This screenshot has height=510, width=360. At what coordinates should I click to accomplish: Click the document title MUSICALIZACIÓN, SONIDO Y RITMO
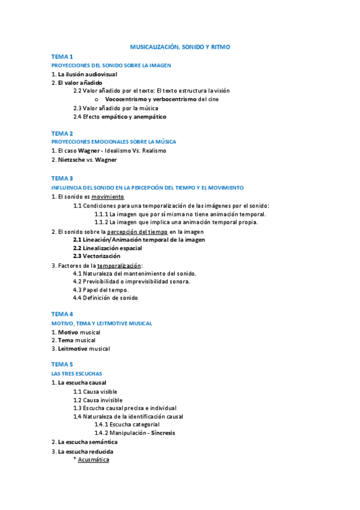180,46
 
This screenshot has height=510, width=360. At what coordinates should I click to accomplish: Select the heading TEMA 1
62,57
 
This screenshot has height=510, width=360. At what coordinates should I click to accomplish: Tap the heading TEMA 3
62,179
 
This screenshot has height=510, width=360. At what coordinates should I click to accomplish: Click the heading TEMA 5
62,364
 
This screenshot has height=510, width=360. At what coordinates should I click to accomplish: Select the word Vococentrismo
127,99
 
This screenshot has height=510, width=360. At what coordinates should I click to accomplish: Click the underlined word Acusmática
93,460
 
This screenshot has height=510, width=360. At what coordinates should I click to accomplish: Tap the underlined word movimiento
108,197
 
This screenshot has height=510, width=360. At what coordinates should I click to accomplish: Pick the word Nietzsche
72,160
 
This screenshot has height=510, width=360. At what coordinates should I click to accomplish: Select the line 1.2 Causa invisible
98,400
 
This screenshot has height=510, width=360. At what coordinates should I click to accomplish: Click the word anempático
147,117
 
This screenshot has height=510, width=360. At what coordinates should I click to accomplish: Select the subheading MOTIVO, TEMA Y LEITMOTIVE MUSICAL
102,323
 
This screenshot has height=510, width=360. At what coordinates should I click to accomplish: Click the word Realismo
151,151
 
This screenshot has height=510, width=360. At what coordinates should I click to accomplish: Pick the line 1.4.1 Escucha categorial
127,425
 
